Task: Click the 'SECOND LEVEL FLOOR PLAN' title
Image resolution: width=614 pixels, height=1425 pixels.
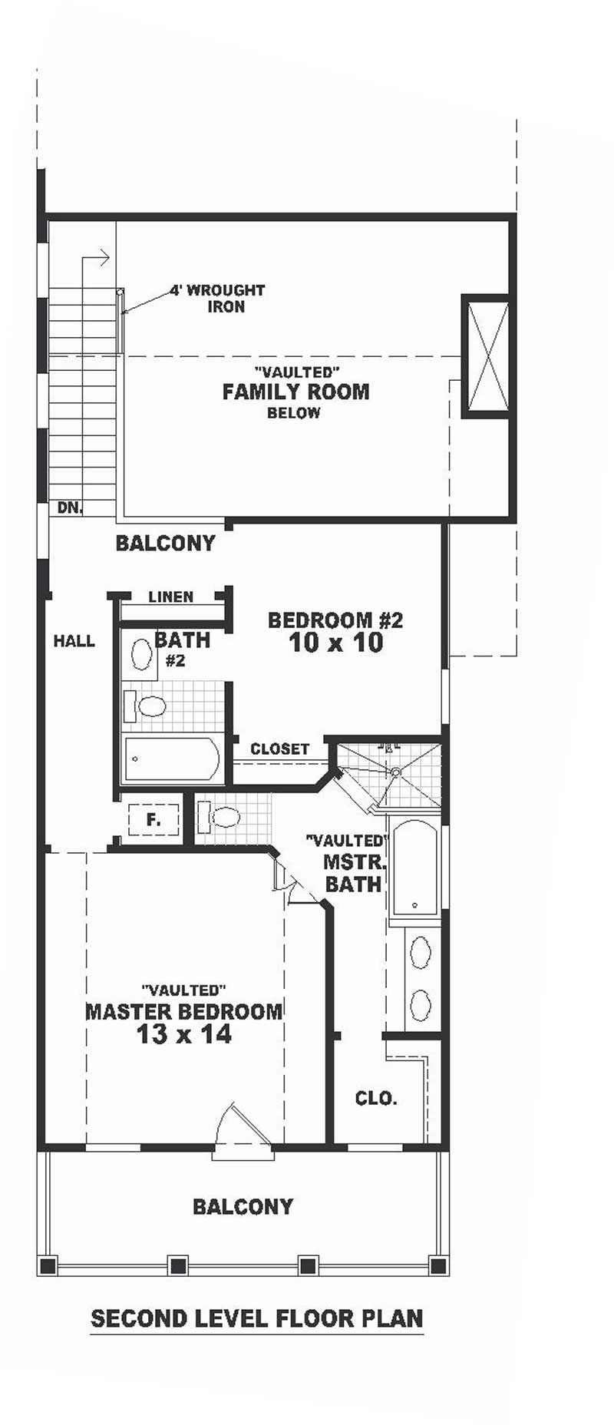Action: click(256, 1318)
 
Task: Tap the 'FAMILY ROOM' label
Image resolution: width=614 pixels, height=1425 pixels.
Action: click(295, 392)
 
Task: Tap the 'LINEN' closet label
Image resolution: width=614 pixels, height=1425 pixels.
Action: click(170, 597)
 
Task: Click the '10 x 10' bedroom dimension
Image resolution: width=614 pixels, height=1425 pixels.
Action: click(336, 643)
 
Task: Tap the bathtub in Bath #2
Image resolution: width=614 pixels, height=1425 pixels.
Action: click(171, 759)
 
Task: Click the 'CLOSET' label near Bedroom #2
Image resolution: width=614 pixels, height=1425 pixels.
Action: click(279, 749)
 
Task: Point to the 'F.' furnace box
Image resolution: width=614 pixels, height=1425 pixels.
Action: click(153, 820)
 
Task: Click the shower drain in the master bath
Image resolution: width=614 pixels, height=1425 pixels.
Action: click(395, 772)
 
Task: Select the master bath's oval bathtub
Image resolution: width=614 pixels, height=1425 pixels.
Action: click(414, 868)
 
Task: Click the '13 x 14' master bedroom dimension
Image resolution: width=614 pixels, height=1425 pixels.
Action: click(183, 1034)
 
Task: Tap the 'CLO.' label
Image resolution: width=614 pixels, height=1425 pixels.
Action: click(375, 1098)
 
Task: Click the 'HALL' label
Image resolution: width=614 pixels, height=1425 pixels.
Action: click(74, 640)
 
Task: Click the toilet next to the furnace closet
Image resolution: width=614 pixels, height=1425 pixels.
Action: click(219, 817)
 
